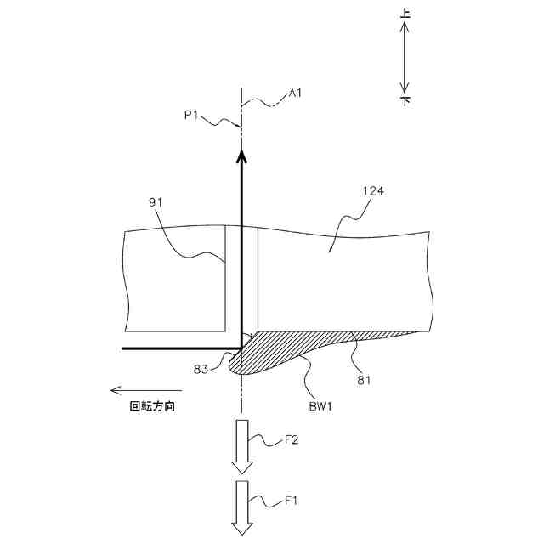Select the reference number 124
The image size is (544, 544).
[374, 191]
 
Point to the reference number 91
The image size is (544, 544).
[155, 201]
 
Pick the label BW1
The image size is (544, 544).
[319, 406]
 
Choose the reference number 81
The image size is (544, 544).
[364, 381]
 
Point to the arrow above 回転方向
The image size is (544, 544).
[144, 391]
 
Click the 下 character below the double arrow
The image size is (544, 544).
[405, 101]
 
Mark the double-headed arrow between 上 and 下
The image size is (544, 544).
[405, 58]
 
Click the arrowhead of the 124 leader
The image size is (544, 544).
[331, 252]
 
